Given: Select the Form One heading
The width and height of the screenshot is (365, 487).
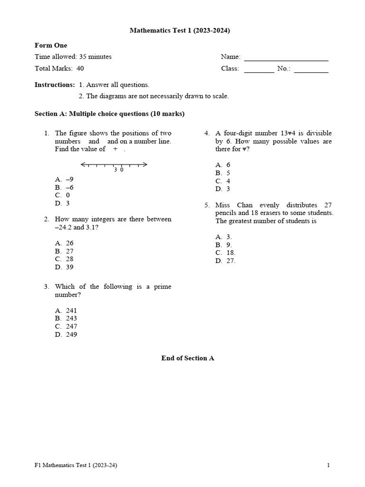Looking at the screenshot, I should (x=51, y=46).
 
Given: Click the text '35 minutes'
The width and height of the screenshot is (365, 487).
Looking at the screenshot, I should (x=95, y=57).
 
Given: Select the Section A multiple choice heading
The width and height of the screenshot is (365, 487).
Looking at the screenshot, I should (x=109, y=114).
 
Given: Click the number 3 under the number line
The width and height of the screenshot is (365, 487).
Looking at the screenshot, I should (x=115, y=170).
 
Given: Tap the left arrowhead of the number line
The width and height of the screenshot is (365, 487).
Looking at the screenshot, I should (x=83, y=165).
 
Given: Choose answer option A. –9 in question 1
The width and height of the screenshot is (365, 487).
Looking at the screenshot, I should (x=64, y=179).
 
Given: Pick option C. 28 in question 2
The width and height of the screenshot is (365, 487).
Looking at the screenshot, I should (x=64, y=259).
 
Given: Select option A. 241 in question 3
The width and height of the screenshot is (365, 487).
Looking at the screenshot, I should (x=66, y=311).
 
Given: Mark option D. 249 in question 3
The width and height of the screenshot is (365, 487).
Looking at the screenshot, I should (x=66, y=334).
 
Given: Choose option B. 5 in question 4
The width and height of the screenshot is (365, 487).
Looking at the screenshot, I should (x=222, y=173).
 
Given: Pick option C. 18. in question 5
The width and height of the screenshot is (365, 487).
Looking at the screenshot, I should (x=225, y=253).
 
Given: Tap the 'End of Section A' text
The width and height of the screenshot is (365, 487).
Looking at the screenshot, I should (x=188, y=358).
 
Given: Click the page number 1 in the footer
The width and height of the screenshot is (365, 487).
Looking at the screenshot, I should (x=328, y=466).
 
